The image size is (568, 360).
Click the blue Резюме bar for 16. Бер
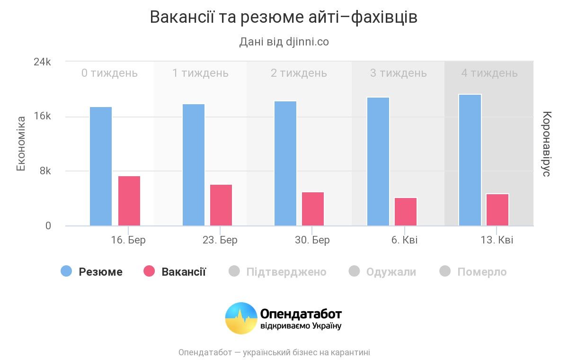101,166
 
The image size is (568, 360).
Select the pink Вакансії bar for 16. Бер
129,201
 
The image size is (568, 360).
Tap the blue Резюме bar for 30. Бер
285,163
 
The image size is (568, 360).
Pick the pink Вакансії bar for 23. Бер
221,205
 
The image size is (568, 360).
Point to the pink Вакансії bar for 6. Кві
406,212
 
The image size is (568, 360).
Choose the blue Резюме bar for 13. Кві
470,160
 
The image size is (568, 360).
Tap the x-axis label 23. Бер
220,240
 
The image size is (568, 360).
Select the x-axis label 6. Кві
405,240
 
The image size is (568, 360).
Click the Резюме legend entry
92,271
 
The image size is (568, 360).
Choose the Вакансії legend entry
175,271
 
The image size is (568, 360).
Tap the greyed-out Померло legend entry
473,271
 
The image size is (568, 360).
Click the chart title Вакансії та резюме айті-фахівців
284,17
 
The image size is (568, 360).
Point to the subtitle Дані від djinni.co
284,42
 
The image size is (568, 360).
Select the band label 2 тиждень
299,73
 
